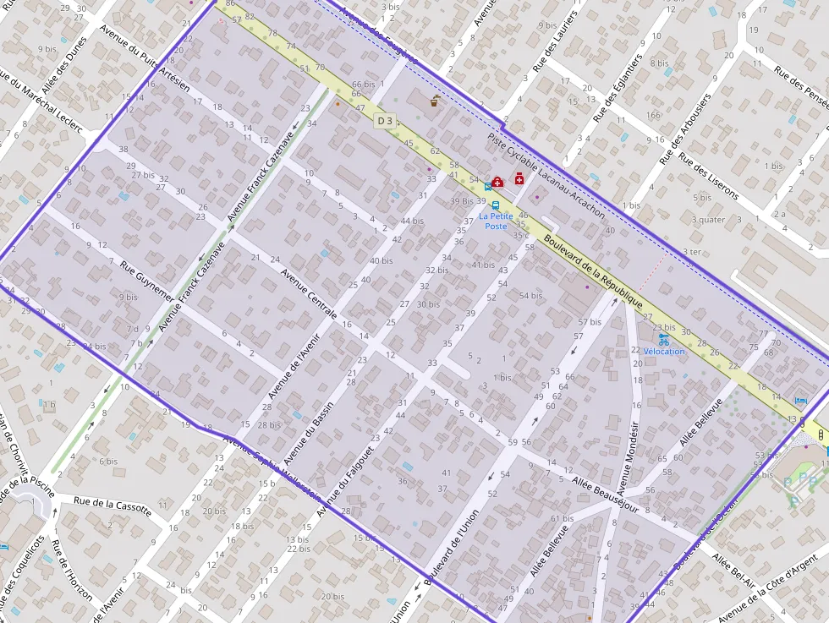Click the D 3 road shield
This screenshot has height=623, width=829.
(x=385, y=121)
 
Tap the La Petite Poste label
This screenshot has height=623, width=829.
(x=496, y=221)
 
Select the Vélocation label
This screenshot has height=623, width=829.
(x=664, y=351)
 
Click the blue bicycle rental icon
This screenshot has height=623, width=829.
(x=662, y=338)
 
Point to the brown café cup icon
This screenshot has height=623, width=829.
(x=435, y=101)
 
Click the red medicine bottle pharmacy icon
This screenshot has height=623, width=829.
(x=519, y=178)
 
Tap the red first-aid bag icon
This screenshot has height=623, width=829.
(x=497, y=181)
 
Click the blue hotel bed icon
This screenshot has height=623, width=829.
(x=801, y=400)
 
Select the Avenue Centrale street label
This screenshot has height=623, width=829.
(x=309, y=293)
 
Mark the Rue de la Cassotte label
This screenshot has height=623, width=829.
(x=112, y=505)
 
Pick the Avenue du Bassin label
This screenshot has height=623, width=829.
(x=309, y=432)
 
